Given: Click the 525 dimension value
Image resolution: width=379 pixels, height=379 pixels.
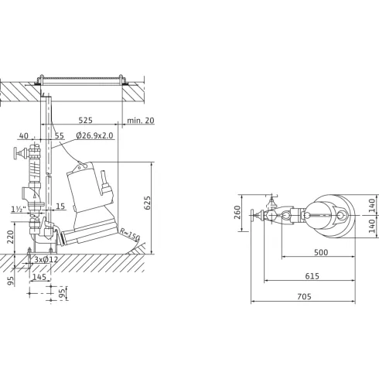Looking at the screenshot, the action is pyautogui.click(x=85, y=120).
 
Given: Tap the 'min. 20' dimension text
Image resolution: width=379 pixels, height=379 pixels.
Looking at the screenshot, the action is pyautogui.click(x=141, y=120).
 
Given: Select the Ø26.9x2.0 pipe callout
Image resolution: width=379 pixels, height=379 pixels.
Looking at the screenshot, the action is pyautogui.click(x=94, y=135).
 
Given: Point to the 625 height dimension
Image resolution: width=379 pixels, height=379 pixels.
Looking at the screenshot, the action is pyautogui.click(x=147, y=203).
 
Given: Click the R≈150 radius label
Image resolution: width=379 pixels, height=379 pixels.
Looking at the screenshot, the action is pyautogui.click(x=130, y=234).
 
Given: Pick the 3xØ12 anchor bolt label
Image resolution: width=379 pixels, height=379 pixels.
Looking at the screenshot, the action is pyautogui.click(x=46, y=259).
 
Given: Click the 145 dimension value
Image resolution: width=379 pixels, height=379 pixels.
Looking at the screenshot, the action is pyautogui.click(x=39, y=277).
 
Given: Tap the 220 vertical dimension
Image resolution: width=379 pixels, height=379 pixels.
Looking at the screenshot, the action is pyautogui.click(x=10, y=237).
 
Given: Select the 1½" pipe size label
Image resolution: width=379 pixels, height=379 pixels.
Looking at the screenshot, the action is pyautogui.click(x=19, y=209).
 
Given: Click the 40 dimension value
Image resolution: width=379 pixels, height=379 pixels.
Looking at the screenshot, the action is pyautogui.click(x=24, y=135).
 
